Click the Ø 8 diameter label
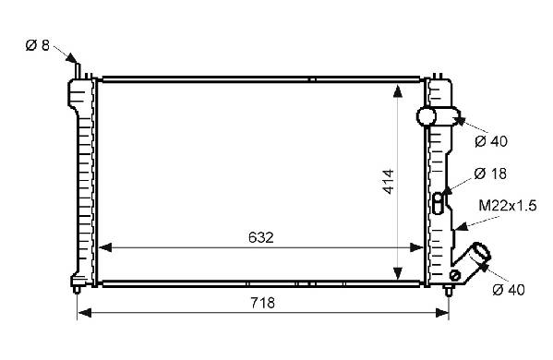pos(37,45)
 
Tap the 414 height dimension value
pos(389,182)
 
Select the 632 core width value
pos(261,237)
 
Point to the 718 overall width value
pos(263,303)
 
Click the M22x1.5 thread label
pos(508,205)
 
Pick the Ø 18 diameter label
pos(490,174)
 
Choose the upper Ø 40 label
pos(491,141)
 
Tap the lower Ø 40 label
pos(509,290)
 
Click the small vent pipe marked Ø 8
pos(78,70)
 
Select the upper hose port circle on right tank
pos(427,116)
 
